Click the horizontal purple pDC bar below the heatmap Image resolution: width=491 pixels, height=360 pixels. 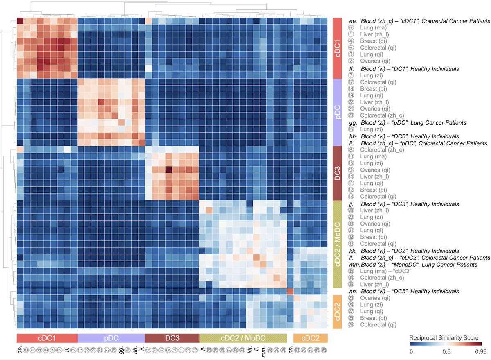pos(111,338)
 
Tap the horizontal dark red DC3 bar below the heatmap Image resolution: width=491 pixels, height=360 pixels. pos(172,338)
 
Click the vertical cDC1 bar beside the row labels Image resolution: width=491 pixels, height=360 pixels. pos(338,48)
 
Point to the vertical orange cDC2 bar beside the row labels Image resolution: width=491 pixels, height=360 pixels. pos(338,311)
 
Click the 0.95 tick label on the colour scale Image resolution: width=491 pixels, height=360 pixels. pos(480,351)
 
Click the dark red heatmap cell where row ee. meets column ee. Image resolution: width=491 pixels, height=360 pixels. pos(20,21)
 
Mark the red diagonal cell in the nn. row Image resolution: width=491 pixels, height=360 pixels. pos(290,291)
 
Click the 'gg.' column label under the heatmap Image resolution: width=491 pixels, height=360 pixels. pos(121,350)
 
